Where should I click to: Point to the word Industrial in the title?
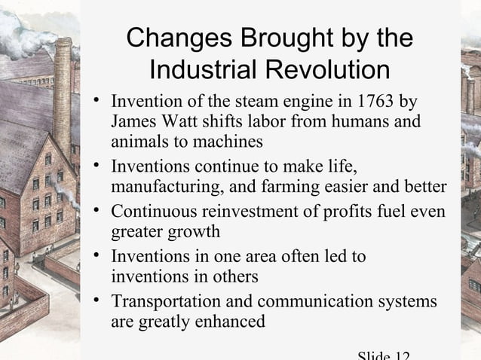coord(203,70)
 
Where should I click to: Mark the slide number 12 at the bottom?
coord(400,354)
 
